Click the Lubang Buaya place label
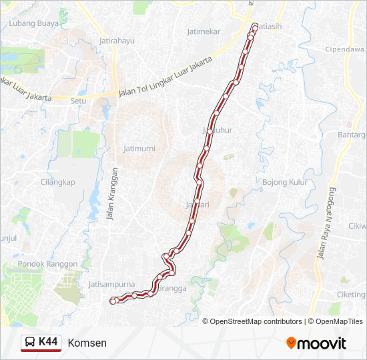pyautogui.click(x=34, y=23)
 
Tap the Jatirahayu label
pyautogui.click(x=117, y=41)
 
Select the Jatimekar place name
pyautogui.click(x=204, y=31)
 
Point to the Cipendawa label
pyautogui.click(x=344, y=49)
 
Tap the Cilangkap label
pyautogui.click(x=58, y=182)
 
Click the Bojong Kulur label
pyautogui.click(x=284, y=182)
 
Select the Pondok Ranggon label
pyautogui.click(x=48, y=264)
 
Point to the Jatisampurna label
pyautogui.click(x=111, y=284)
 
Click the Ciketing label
pyautogui.click(x=352, y=295)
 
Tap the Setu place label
pyautogui.click(x=79, y=101)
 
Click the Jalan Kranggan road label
pyautogui.click(x=113, y=193)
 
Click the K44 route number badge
pyautogui.click(x=48, y=343)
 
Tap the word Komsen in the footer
pyautogui.click(x=87, y=343)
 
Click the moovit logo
pyautogui.click(x=316, y=343)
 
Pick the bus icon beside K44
pyautogui.click(x=30, y=343)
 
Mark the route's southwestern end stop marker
pyautogui.click(x=112, y=301)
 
